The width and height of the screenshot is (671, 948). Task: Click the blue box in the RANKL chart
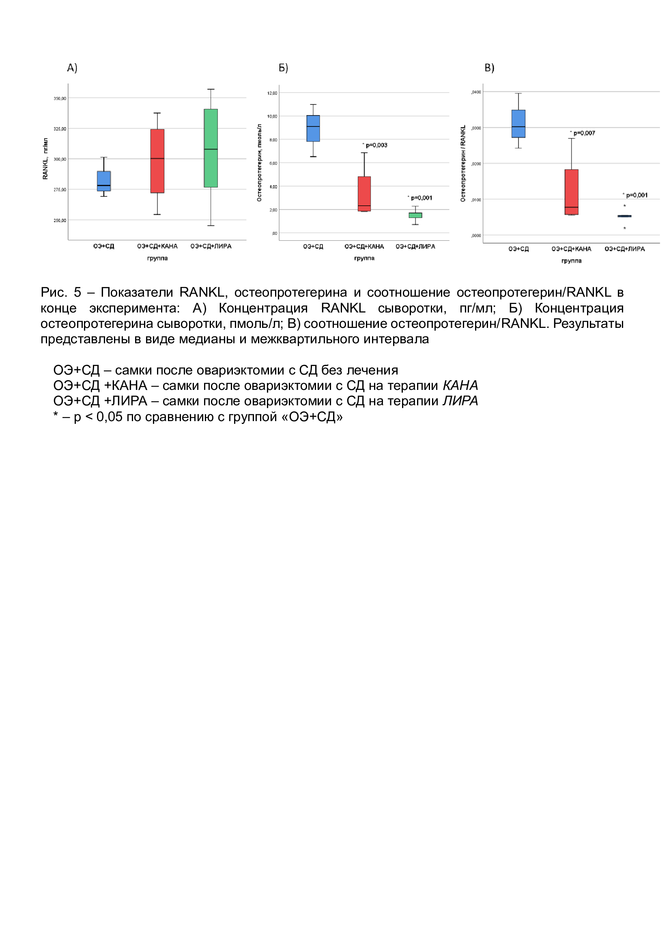pyautogui.click(x=104, y=181)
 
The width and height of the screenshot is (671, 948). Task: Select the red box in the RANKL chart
pyautogui.click(x=157, y=161)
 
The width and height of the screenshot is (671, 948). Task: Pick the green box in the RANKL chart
pyautogui.click(x=211, y=148)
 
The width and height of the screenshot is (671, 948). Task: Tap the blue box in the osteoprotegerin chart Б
pyautogui.click(x=313, y=128)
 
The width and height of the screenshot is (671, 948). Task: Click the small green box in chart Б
pyautogui.click(x=415, y=215)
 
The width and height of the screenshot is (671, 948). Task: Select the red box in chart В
pyautogui.click(x=572, y=192)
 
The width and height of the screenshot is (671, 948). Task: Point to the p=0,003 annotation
pyautogui.click(x=376, y=146)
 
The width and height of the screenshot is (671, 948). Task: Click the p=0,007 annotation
pyautogui.click(x=583, y=133)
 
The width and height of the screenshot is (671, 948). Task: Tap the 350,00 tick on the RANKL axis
pyautogui.click(x=60, y=98)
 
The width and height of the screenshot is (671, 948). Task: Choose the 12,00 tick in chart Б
pyautogui.click(x=272, y=93)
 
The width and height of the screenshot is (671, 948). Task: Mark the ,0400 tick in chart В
pyautogui.click(x=476, y=92)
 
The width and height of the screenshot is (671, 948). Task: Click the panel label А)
pyautogui.click(x=72, y=68)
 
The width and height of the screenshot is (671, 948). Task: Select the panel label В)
pyautogui.click(x=489, y=68)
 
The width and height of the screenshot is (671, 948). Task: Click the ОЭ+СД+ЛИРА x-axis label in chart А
pyautogui.click(x=211, y=246)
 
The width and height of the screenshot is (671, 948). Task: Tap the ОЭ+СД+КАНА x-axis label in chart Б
pyautogui.click(x=364, y=246)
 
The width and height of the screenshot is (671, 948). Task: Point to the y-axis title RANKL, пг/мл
pyautogui.click(x=45, y=159)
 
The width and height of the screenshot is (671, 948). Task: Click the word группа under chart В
pyautogui.click(x=572, y=261)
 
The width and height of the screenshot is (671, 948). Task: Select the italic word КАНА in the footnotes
pyautogui.click(x=460, y=385)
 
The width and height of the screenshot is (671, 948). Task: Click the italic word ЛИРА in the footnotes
pyautogui.click(x=460, y=401)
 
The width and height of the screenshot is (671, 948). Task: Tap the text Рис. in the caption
pyautogui.click(x=54, y=292)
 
